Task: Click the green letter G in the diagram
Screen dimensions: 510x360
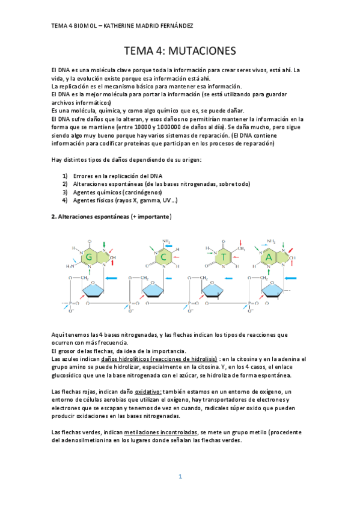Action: [89, 257]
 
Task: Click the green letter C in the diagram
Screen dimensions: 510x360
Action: [163, 257]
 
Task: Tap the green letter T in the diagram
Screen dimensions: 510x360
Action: [224, 257]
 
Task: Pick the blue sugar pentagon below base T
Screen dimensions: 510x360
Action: [215, 290]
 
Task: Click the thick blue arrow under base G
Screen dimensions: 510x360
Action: [114, 278]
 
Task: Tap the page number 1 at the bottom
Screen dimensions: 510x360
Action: [179, 476]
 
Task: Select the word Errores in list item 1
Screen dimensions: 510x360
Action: [85, 175]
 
